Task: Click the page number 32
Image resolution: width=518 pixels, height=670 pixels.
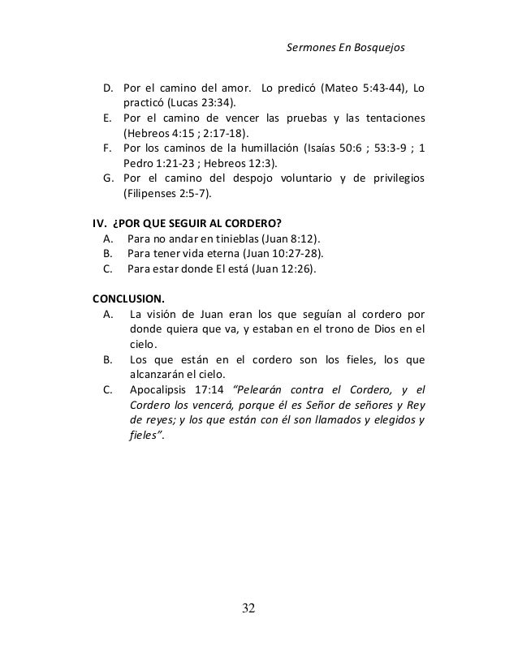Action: (258, 608)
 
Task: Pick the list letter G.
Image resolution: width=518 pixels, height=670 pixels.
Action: (108, 179)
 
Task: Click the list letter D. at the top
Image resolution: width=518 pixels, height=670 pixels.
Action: (107, 88)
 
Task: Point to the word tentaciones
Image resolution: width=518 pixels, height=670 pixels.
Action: (394, 118)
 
